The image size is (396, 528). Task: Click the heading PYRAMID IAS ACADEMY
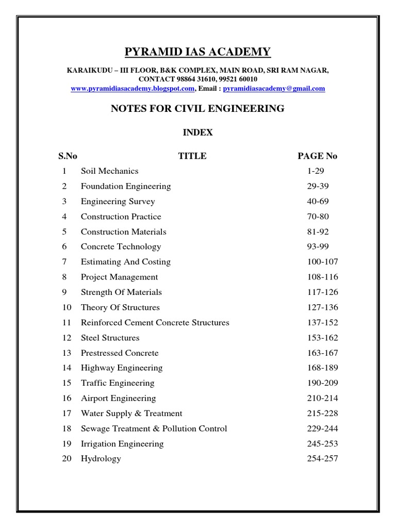[x=198, y=52]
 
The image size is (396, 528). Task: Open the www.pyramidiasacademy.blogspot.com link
[x=133, y=89]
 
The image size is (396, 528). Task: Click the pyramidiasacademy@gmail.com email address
[x=274, y=89]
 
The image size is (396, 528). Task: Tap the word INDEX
[x=198, y=133]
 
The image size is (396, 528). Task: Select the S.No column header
[x=67, y=156]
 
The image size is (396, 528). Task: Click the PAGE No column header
[x=318, y=156]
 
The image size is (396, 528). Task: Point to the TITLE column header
[x=192, y=156]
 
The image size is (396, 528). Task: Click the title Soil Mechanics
[x=109, y=171]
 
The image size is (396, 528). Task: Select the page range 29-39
[x=317, y=186]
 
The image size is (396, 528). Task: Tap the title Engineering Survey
[x=118, y=202]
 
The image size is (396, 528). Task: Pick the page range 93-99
[x=317, y=246]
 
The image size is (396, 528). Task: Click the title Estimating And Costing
[x=125, y=262]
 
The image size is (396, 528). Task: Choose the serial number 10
[x=67, y=307]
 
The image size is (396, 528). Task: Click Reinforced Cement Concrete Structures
[x=155, y=323]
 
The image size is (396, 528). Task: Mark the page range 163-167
[x=320, y=353]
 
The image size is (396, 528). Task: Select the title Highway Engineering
[x=121, y=368]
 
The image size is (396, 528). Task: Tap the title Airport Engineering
[x=118, y=399]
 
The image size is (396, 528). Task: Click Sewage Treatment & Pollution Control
[x=154, y=428]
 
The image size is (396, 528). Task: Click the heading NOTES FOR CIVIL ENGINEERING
[x=198, y=109]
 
